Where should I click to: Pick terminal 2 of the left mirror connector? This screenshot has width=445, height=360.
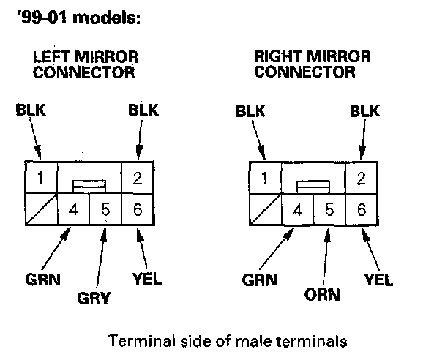pyautogui.click(x=138, y=177)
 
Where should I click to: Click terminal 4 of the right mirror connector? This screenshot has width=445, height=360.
pyautogui.click(x=297, y=211)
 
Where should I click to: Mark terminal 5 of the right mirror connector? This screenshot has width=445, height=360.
pyautogui.click(x=329, y=211)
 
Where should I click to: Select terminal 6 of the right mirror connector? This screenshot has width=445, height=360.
pyautogui.click(x=360, y=211)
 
